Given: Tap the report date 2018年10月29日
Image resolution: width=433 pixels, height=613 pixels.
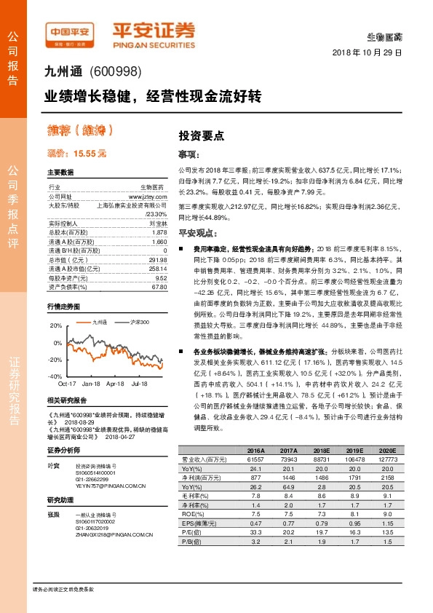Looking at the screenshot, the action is (367, 54).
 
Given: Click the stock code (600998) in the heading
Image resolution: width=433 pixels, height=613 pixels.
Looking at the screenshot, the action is (117, 71).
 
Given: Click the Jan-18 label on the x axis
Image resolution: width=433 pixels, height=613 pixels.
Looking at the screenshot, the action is (91, 383).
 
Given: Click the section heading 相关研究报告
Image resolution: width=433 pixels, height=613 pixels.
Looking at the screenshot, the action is (66, 400).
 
